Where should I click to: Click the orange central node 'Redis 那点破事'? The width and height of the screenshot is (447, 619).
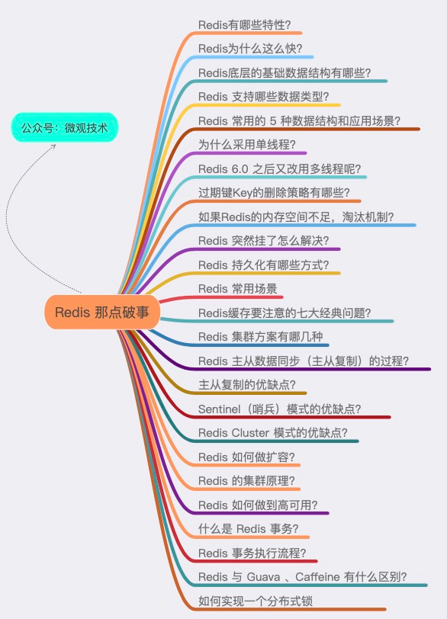(102, 312)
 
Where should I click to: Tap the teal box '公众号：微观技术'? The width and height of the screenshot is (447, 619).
(64, 127)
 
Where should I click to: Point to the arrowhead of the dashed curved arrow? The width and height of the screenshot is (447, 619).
(53, 146)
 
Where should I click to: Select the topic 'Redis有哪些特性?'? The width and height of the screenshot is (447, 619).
(244, 25)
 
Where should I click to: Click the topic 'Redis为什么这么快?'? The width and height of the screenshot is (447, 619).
(250, 49)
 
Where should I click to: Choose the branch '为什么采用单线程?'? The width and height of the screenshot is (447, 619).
(247, 145)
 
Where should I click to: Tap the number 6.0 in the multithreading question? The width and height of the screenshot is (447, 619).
(240, 169)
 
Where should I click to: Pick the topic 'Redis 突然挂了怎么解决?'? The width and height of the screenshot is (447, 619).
(263, 240)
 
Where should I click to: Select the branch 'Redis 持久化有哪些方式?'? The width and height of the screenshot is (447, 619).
(263, 265)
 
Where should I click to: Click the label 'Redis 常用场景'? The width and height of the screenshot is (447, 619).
(238, 289)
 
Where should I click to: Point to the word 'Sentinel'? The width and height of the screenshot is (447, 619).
(219, 409)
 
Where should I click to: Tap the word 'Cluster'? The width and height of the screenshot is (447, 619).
(251, 433)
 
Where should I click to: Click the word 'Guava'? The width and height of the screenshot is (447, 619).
(263, 577)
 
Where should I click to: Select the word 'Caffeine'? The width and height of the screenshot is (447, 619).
(317, 577)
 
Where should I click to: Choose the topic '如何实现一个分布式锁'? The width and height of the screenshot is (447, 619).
(256, 601)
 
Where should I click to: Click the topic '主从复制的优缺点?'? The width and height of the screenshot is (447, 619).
(247, 384)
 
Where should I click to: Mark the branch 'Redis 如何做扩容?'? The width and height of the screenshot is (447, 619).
(246, 457)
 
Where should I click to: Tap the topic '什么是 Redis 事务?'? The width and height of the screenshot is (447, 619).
(249, 528)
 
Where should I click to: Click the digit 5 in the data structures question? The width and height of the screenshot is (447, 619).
(273, 120)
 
